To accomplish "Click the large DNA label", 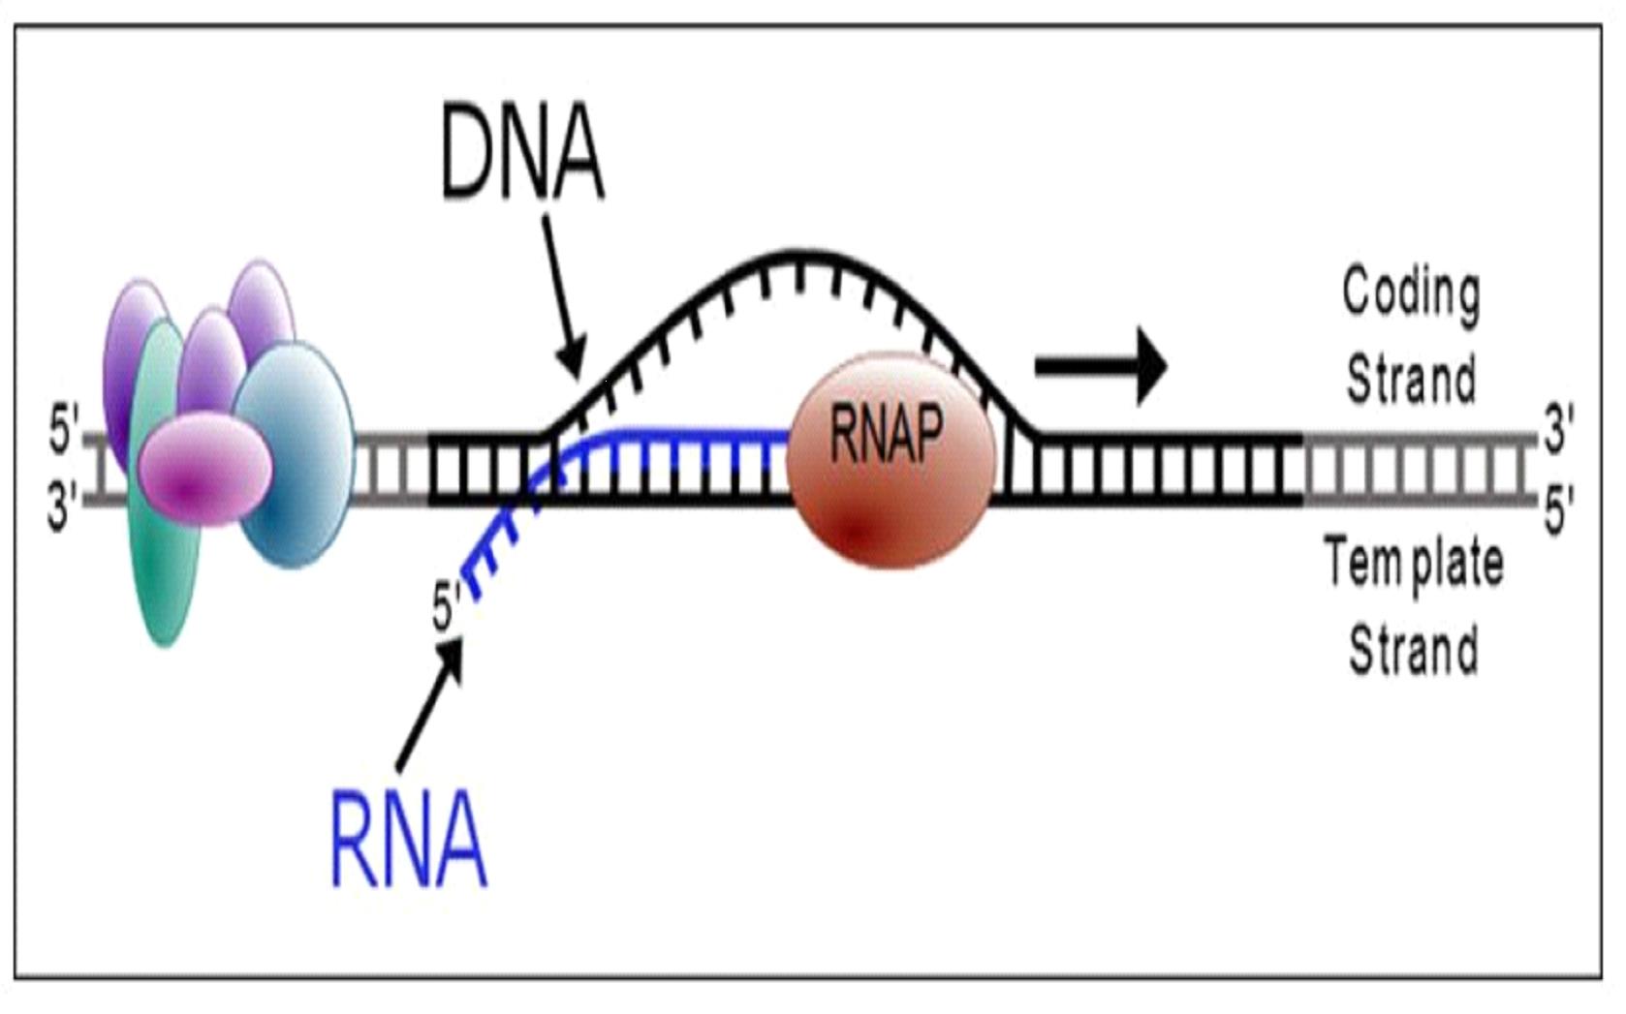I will pos(522,155).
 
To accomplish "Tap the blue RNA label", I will pos(408,840).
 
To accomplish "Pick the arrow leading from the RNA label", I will pos(430,706).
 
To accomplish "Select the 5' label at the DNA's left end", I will pos(65,433).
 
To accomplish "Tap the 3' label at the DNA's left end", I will pos(65,505).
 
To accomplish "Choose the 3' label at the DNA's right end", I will pos(1558,430).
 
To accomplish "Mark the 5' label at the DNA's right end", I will pos(1558,511).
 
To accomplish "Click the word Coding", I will pos(1411,293).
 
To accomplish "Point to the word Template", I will pos(1414,564).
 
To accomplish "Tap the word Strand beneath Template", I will pos(1414,649).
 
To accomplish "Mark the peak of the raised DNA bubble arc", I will pos(797,257).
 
